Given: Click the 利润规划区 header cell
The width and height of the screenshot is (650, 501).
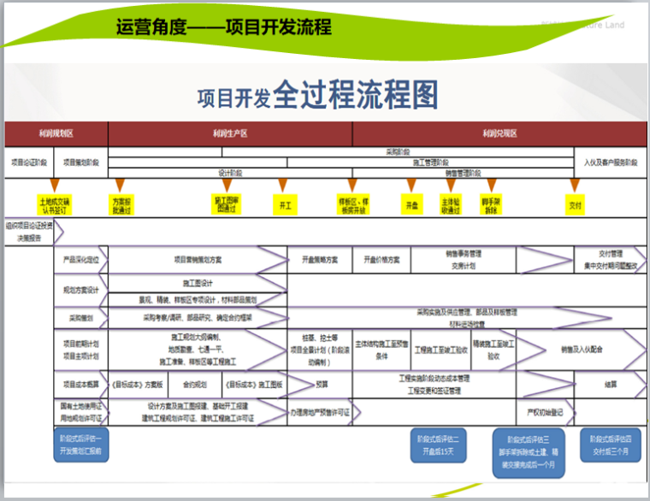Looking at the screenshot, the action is point(56,133).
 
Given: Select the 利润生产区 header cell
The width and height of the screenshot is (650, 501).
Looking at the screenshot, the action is point(230,133).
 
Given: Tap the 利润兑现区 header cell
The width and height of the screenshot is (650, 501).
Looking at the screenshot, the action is point(499,133).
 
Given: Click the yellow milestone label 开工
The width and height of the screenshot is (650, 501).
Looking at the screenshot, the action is point(283,205).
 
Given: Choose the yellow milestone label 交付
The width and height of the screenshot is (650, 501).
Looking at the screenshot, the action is point(576,205).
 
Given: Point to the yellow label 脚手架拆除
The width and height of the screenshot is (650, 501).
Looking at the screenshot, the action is point(491,205).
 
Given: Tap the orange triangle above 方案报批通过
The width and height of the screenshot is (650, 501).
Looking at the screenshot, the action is point(121,185).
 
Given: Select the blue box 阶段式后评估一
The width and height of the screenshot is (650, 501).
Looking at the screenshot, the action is point(81,444).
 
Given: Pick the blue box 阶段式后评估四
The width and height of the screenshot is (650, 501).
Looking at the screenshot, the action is point(610,444).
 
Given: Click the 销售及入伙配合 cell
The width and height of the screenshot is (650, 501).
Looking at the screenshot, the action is point(582,350).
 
